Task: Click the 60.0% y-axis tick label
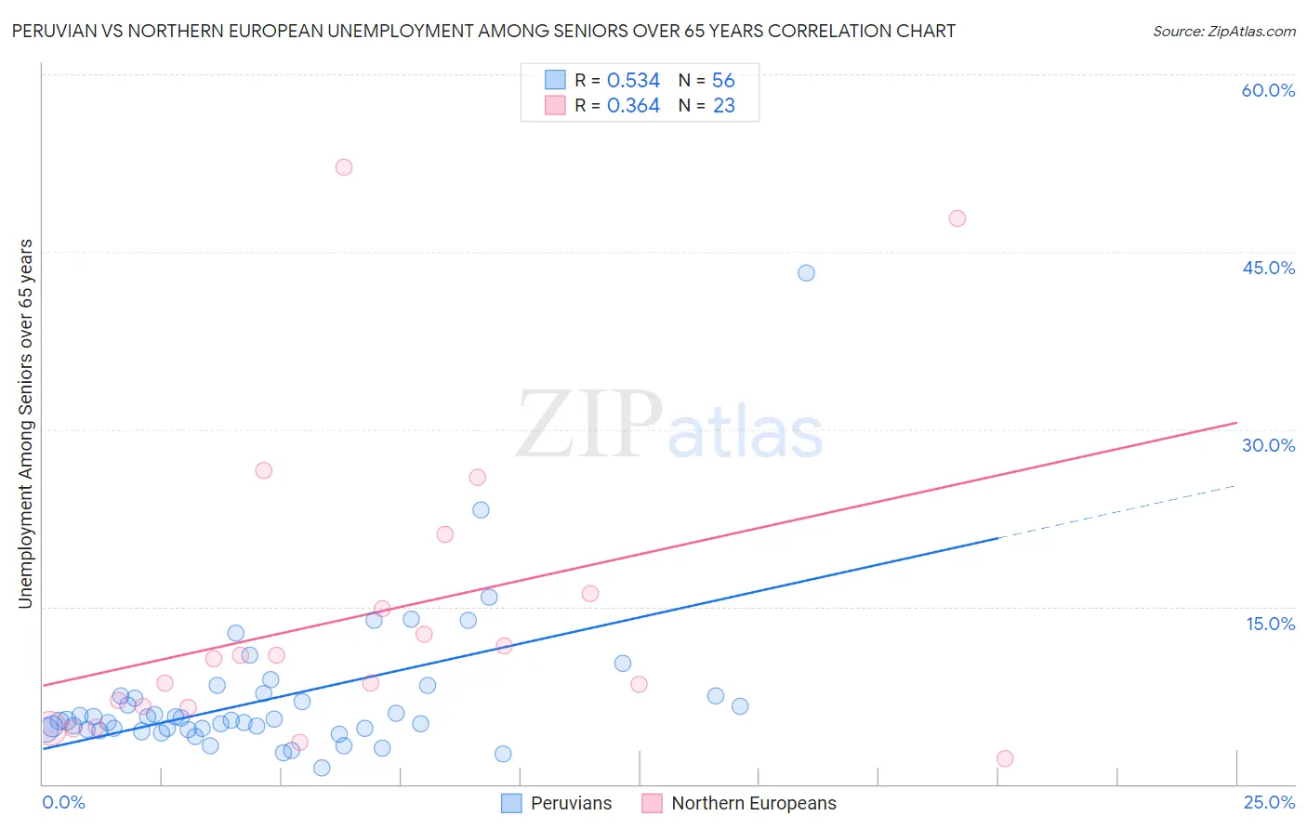tap(1268, 90)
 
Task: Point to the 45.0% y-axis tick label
tap(1268, 268)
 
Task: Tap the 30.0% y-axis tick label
tap(1268, 445)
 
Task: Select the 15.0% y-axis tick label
tap(1270, 624)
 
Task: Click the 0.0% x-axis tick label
tap(63, 802)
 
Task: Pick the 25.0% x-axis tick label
tap(1269, 802)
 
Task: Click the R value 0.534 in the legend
tap(633, 81)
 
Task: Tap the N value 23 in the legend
tap(723, 106)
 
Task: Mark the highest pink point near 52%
tap(344, 167)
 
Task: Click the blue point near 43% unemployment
tap(806, 273)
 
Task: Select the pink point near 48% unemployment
tap(957, 218)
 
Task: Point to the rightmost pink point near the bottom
tap(1005, 758)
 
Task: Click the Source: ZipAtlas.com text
tap(1223, 32)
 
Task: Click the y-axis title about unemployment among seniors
tap(25, 424)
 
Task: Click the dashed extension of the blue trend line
tap(1116, 511)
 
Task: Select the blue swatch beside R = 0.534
tap(555, 80)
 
